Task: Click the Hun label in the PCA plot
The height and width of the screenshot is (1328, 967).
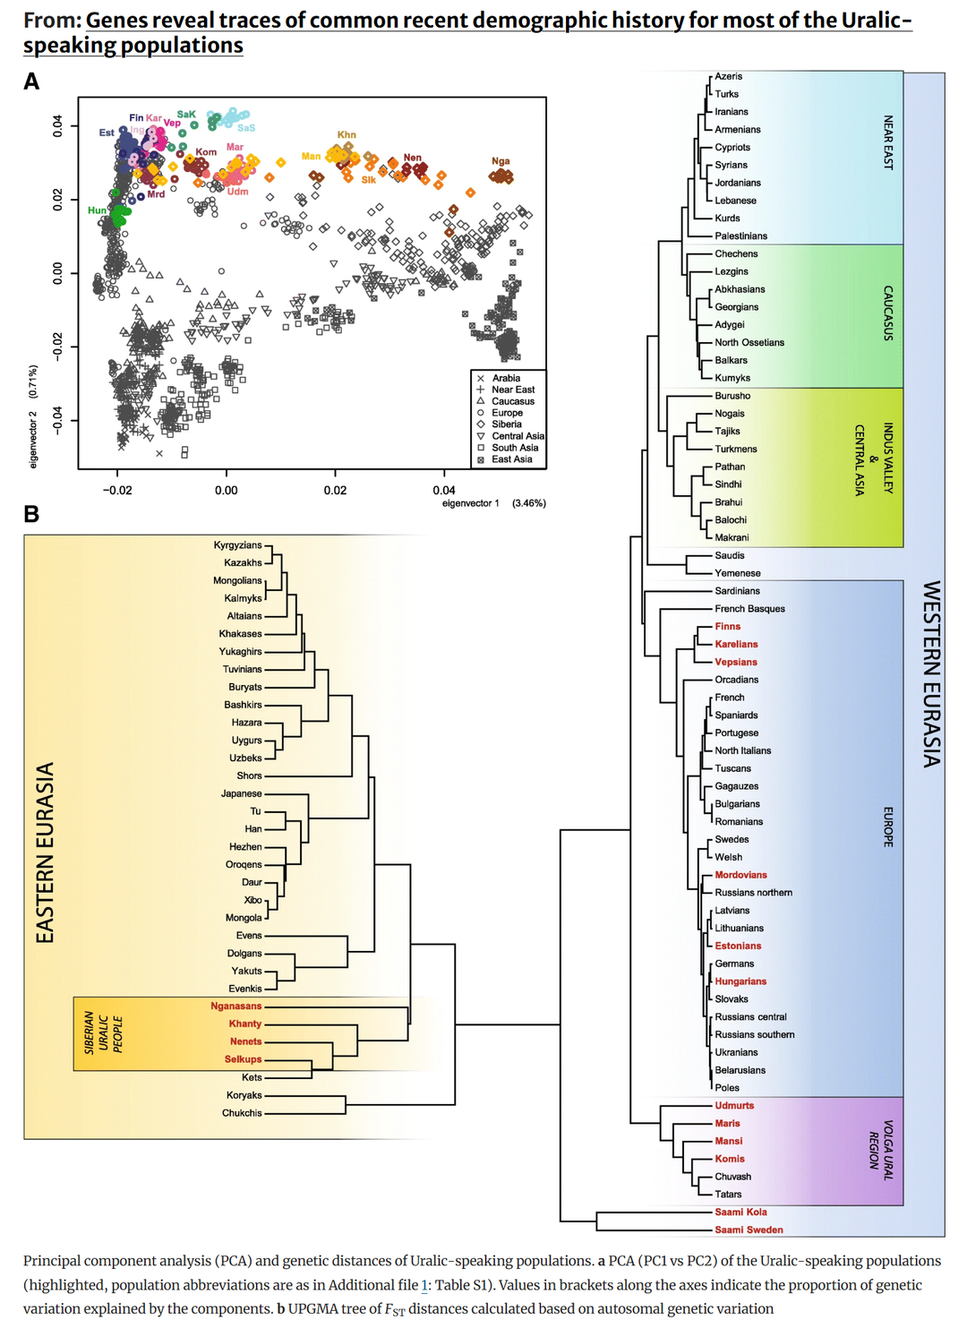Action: tap(97, 210)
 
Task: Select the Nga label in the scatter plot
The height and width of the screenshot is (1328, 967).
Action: tap(501, 160)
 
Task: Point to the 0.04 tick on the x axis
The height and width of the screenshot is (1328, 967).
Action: tap(443, 491)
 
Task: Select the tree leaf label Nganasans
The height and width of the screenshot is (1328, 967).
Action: tap(236, 1007)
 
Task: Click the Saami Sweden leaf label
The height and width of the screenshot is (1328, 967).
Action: tap(749, 1229)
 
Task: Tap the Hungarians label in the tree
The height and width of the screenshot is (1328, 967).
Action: tap(740, 981)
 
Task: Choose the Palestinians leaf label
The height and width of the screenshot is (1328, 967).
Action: tap(740, 236)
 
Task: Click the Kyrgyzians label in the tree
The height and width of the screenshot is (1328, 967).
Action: tap(238, 544)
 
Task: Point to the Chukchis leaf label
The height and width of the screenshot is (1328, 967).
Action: tap(242, 1113)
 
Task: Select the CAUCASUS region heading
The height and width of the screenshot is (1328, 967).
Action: tap(887, 313)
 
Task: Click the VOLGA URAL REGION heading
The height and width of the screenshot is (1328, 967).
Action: tap(880, 1150)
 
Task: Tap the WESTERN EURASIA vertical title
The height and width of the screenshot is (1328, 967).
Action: tap(931, 674)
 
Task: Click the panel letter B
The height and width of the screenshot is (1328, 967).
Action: tap(31, 513)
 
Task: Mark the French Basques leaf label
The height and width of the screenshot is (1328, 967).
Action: tap(749, 608)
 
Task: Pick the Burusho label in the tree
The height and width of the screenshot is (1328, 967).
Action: tap(732, 396)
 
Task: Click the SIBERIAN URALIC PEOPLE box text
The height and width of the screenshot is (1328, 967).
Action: tap(103, 1032)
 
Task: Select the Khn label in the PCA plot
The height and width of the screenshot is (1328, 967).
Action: tap(347, 134)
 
